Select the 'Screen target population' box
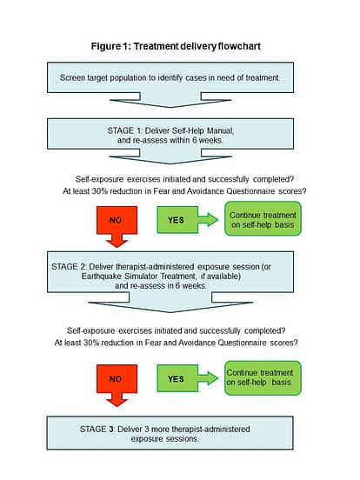click(170, 77)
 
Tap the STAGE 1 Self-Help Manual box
click(170, 134)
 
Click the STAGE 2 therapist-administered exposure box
click(170, 272)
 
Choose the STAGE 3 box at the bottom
click(170, 433)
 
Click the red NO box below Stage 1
click(117, 220)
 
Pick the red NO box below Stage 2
click(117, 379)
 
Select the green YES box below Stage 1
click(177, 220)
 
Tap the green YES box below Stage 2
click(177, 378)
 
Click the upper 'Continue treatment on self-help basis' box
click(263, 218)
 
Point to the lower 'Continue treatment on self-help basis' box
click(263, 378)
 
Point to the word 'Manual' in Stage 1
click(220, 130)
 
